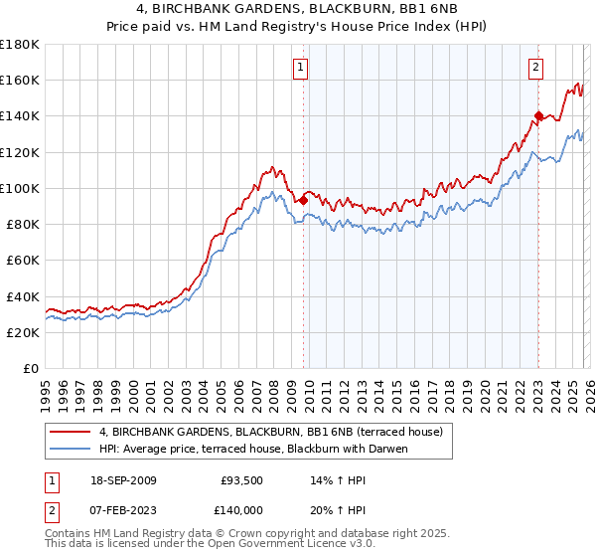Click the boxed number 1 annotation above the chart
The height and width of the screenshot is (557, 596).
tap(300, 68)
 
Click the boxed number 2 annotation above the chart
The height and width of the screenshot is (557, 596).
tap(535, 68)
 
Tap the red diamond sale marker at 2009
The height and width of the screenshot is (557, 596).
tap(303, 200)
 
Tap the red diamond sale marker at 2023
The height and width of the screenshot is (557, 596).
tap(538, 115)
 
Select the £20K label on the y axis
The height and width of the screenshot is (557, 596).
tap(23, 333)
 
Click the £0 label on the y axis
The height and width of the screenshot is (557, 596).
tap(31, 369)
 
